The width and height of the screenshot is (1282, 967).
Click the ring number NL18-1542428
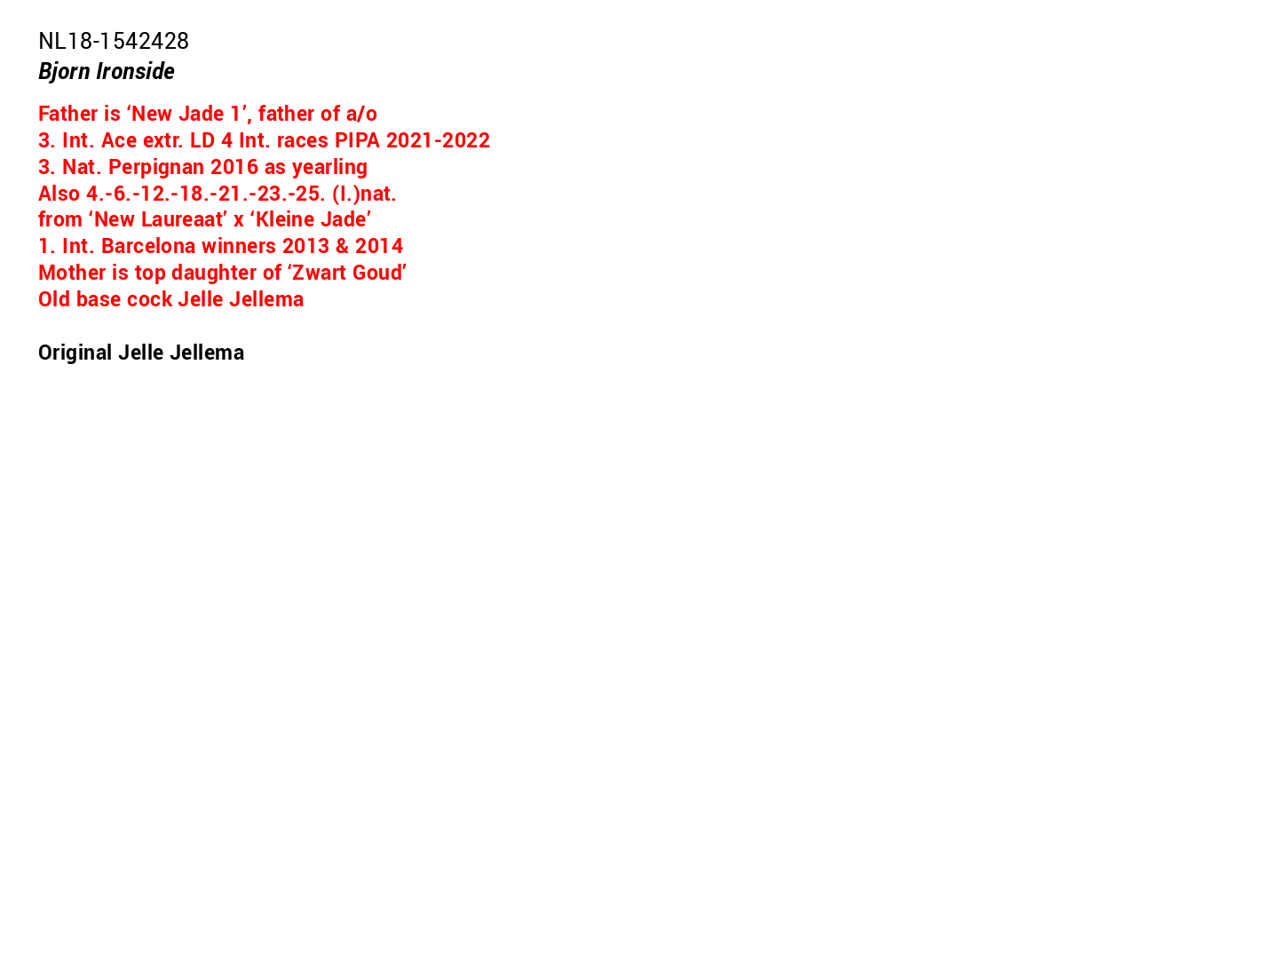click(114, 41)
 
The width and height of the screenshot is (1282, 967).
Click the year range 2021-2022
click(438, 140)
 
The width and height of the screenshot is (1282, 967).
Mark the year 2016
click(234, 167)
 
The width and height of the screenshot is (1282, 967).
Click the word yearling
click(329, 167)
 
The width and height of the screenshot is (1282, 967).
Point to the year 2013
click(305, 246)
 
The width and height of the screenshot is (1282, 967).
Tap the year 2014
click(379, 246)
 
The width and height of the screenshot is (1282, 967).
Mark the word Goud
click(381, 273)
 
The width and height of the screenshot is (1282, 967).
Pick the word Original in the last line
click(75, 353)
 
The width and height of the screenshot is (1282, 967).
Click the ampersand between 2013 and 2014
click(342, 246)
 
